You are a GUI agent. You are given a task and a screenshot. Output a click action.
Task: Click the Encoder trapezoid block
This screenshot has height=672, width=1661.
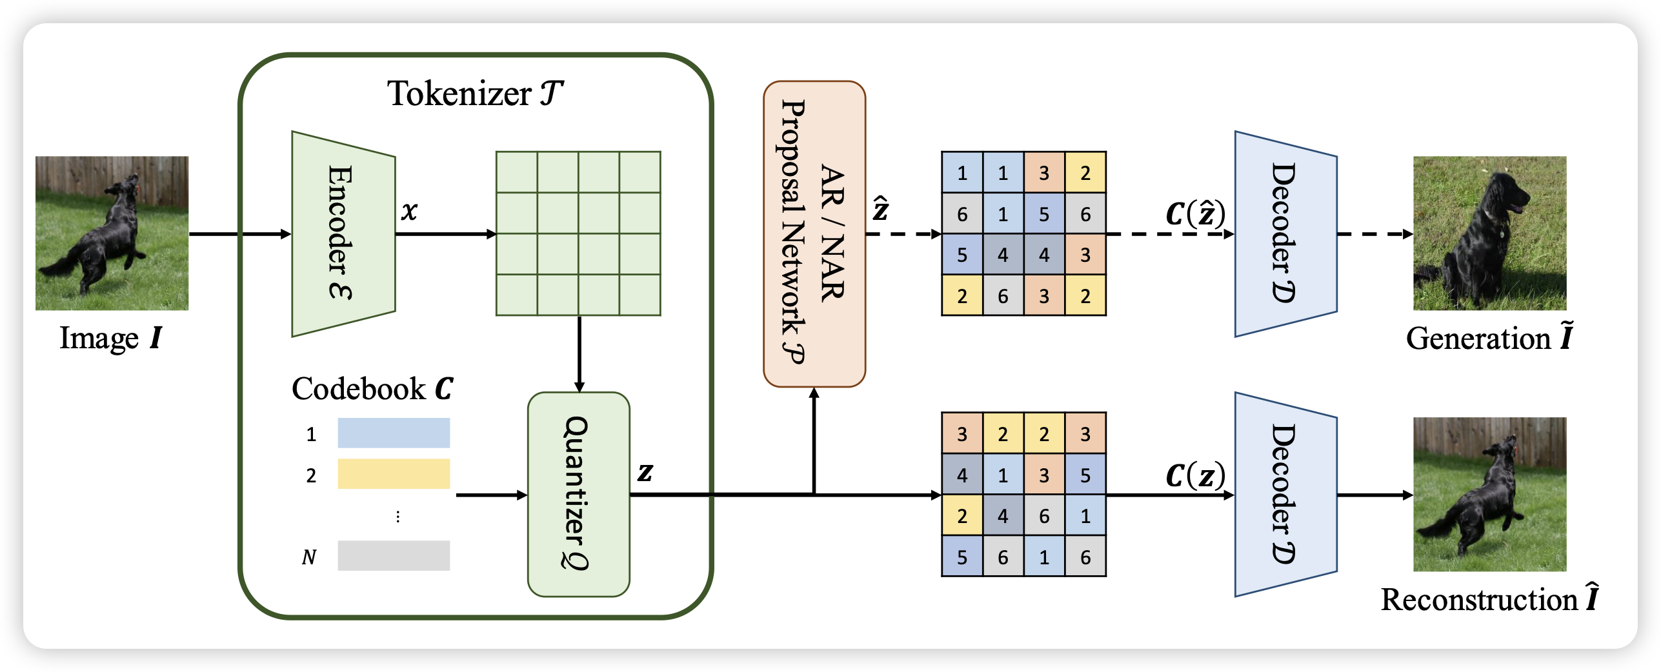click(x=343, y=233)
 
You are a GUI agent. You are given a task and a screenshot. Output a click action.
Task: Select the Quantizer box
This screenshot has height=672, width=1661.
click(x=578, y=494)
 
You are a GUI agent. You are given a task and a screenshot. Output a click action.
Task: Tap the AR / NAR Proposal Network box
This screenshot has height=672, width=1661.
click(x=814, y=233)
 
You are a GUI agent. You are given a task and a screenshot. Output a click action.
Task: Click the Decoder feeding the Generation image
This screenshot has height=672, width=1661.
click(x=1285, y=233)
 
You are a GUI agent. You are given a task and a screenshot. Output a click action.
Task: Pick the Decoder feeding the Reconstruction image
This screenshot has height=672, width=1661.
click(x=1285, y=494)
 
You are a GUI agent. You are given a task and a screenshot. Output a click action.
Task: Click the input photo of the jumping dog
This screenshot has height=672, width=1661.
click(x=112, y=233)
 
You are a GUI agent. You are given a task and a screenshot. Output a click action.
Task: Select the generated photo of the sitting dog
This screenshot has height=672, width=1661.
click(x=1489, y=233)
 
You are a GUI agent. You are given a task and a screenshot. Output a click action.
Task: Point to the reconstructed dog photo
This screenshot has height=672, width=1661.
click(x=1489, y=494)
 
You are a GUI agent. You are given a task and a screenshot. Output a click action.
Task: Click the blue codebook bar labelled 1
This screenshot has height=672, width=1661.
click(x=394, y=433)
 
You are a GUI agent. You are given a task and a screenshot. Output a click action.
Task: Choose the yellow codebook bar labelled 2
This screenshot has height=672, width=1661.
click(x=394, y=473)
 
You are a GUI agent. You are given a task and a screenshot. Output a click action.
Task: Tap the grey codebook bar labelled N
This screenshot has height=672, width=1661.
click(x=394, y=555)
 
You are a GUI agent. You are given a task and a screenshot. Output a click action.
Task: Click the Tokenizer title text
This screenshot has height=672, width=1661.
click(x=475, y=94)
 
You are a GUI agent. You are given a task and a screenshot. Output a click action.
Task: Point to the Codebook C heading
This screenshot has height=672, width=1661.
click(x=372, y=388)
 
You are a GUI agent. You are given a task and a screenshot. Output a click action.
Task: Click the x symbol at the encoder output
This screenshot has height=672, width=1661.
click(x=409, y=211)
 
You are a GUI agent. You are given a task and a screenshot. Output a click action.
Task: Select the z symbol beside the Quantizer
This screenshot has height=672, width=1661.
click(x=645, y=472)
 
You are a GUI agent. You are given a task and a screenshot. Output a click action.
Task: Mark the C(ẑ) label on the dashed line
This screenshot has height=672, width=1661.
click(x=1194, y=213)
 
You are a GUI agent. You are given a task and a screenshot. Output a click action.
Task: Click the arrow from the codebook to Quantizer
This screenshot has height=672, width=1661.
click(x=491, y=495)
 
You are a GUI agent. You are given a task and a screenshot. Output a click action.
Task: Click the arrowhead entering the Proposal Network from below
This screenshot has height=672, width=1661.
click(x=814, y=392)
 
